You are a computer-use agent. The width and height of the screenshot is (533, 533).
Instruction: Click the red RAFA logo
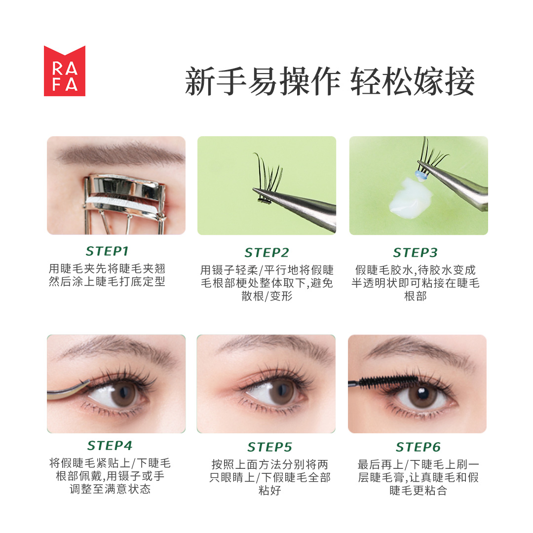pyautogui.click(x=65, y=71)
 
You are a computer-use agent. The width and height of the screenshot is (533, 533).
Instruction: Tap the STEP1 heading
pyautogui.click(x=107, y=251)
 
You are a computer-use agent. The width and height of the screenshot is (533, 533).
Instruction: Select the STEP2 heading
pyautogui.click(x=267, y=253)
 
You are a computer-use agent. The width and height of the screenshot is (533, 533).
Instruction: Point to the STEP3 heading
pyautogui.click(x=415, y=253)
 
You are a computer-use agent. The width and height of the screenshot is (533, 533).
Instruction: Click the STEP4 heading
pyautogui.click(x=110, y=445)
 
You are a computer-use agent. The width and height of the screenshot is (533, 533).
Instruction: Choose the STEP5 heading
pyautogui.click(x=269, y=447)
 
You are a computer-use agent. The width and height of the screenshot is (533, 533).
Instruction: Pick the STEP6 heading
pyautogui.click(x=418, y=447)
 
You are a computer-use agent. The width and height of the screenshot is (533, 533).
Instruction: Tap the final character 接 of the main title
pyautogui.click(x=460, y=81)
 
